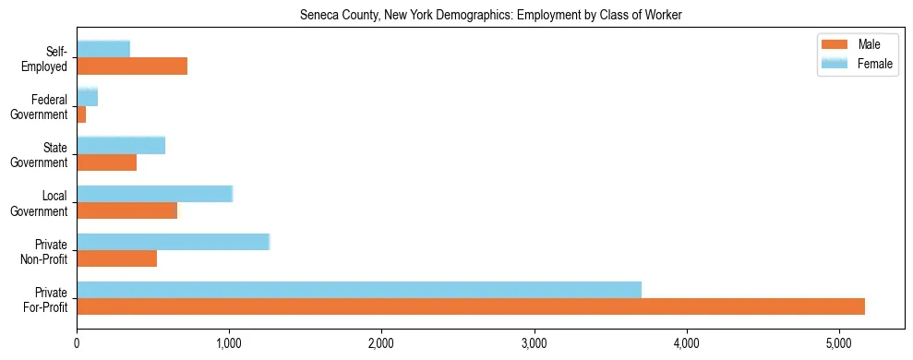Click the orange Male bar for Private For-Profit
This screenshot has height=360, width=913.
(471, 306)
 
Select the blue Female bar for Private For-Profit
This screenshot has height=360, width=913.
(359, 290)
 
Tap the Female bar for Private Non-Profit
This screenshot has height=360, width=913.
(173, 242)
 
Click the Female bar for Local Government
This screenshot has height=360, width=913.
(154, 194)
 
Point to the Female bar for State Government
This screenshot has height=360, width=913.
(121, 145)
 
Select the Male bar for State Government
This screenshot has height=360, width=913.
(106, 162)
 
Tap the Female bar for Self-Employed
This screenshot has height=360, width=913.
(103, 49)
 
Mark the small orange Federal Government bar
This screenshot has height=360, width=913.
(81, 114)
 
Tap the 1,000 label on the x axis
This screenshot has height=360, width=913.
(229, 343)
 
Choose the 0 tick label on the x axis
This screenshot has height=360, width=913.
(77, 343)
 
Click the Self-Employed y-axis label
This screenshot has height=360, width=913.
(49, 58)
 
